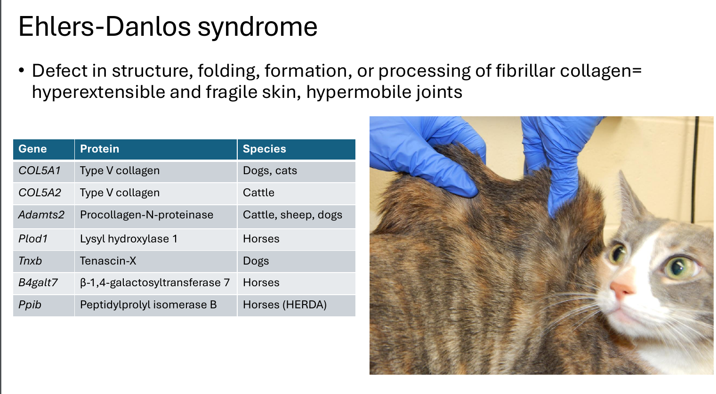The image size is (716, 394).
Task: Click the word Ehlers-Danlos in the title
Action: [x=105, y=26]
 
